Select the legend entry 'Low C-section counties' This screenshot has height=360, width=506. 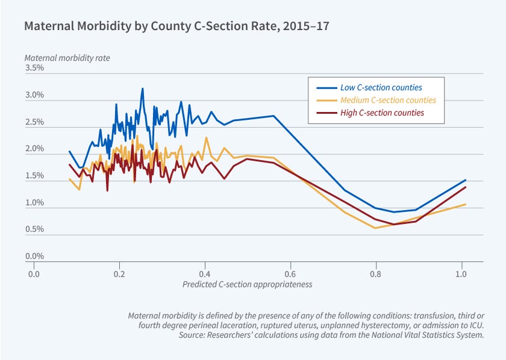(x=381, y=87)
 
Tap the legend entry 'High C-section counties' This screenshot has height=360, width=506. (x=382, y=113)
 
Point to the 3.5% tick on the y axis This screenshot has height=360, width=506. (x=34, y=68)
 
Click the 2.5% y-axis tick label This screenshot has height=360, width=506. (x=34, y=122)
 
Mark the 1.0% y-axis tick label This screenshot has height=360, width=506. (x=34, y=203)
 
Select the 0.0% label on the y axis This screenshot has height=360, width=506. (x=34, y=256)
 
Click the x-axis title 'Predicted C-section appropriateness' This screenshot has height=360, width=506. (x=247, y=284)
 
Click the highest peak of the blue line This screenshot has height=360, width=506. (x=143, y=88)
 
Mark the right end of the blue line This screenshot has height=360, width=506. (x=466, y=179)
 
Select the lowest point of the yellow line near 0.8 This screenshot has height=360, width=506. (x=375, y=228)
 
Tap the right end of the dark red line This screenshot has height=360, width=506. (x=466, y=187)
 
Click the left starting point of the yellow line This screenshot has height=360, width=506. (x=69, y=179)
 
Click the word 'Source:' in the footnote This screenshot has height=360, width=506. (x=192, y=335)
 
